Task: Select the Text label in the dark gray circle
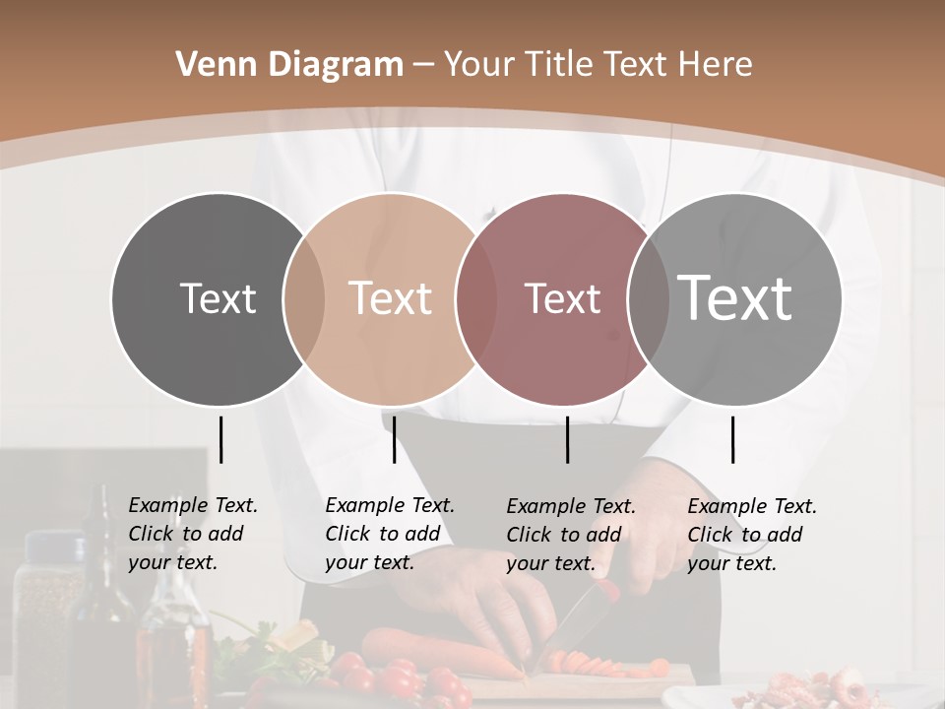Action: point(218,298)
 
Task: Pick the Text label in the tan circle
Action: point(391,298)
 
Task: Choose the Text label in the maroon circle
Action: point(562,298)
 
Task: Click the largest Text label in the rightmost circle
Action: point(735,298)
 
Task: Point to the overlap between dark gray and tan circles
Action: point(304,298)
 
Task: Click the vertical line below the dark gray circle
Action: point(220,439)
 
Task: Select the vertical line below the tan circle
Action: point(394,439)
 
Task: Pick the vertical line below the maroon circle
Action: point(567,439)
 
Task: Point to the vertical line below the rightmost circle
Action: point(732,439)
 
